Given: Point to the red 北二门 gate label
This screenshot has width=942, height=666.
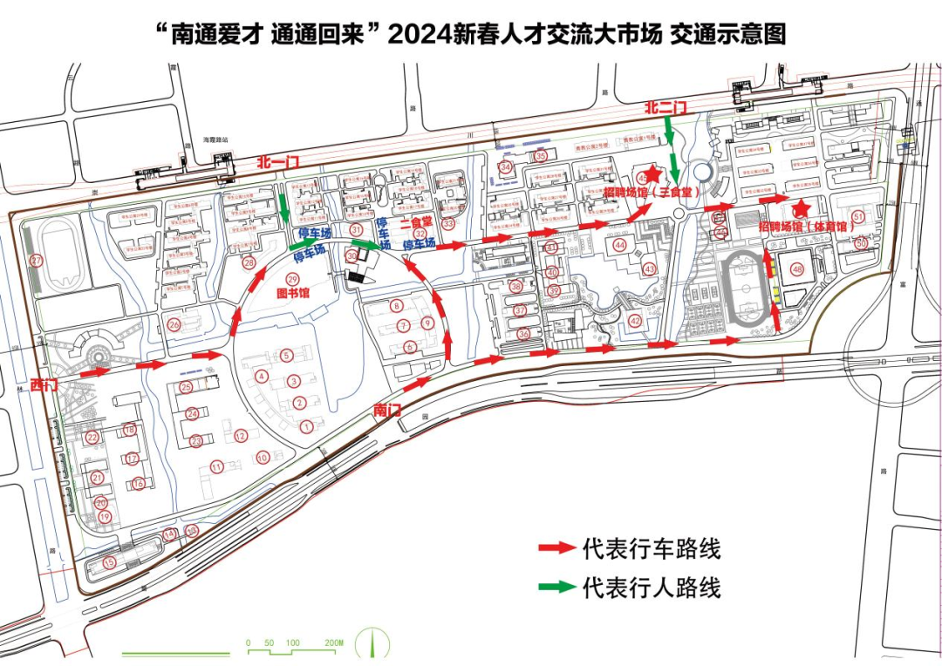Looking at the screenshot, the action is (666, 107).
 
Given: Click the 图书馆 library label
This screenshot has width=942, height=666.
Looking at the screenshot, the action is (293, 294).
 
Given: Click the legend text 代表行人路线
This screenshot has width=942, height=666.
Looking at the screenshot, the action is (652, 587).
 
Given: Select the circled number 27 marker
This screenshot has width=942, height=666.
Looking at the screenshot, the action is (36, 261).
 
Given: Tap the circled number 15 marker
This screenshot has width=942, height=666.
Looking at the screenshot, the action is (109, 563).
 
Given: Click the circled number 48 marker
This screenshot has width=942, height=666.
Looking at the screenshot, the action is (796, 269).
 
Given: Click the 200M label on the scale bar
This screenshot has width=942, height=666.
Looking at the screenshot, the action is (333, 643).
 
